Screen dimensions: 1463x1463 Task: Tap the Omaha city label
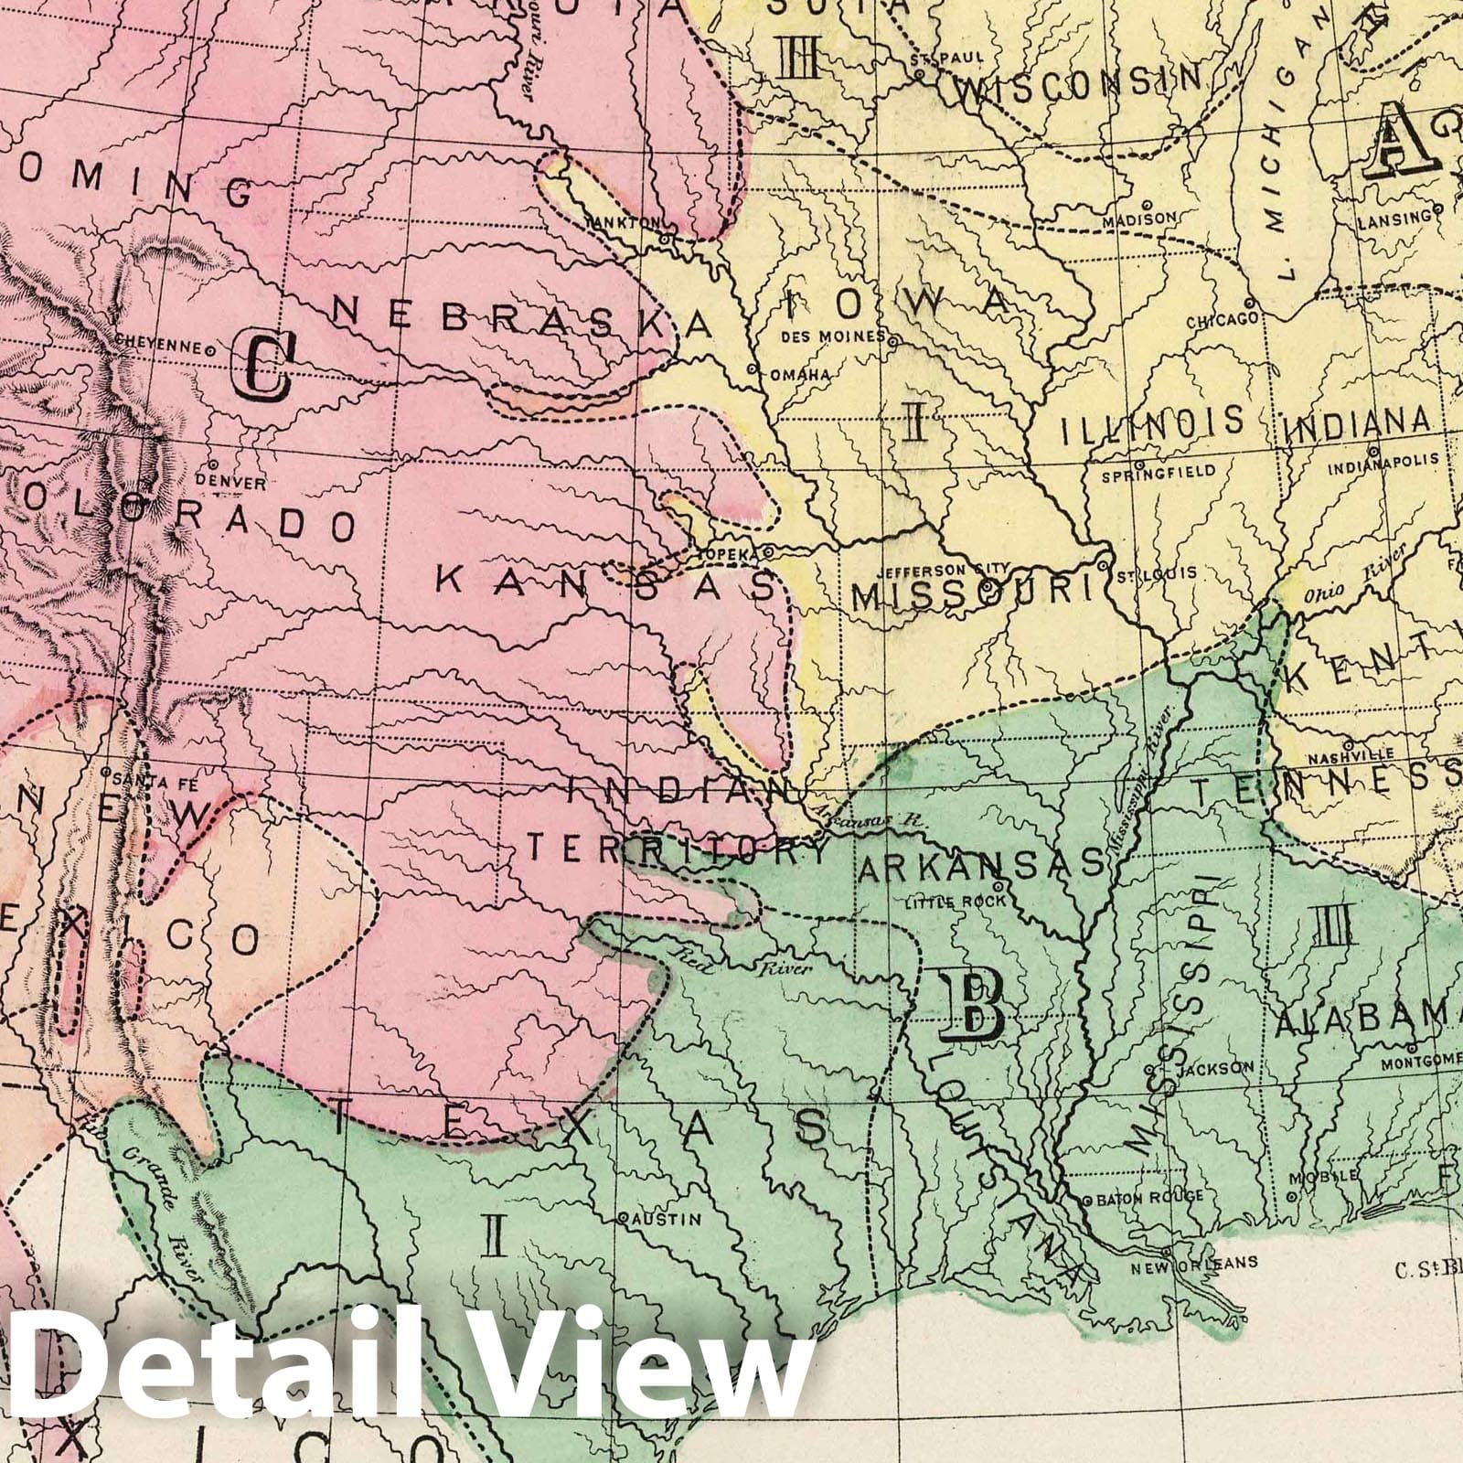798,375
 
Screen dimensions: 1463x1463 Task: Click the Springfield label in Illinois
1158,473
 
